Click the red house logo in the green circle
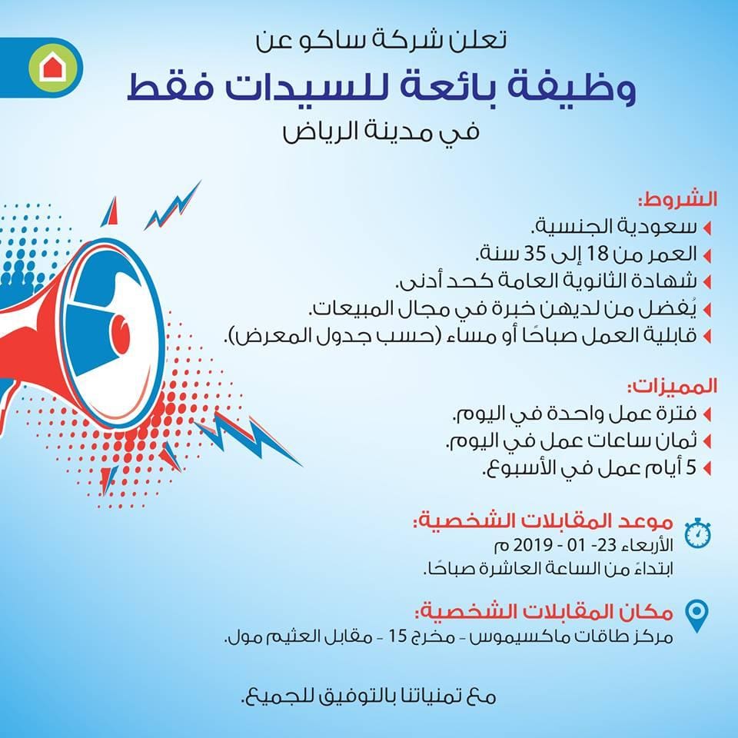53,68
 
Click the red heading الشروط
678,200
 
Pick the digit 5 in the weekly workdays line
691,467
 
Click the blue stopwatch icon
697,533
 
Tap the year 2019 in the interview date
533,545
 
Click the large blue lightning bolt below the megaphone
249,437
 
